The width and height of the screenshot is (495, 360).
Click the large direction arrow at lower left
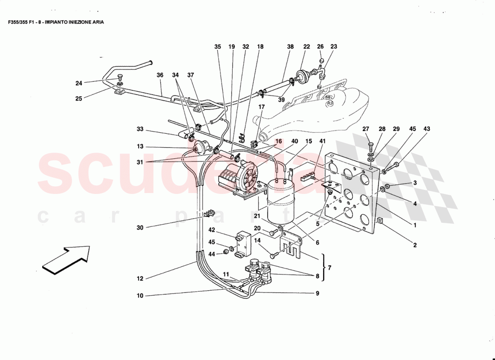[x=67, y=260]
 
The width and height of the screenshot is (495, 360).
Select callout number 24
[x=79, y=83]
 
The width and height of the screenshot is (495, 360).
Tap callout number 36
[x=160, y=76]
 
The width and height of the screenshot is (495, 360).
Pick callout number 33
[x=140, y=129]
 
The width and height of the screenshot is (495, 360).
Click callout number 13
[x=140, y=146]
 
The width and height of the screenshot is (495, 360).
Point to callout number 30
[x=140, y=228]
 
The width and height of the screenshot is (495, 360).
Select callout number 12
[x=140, y=279]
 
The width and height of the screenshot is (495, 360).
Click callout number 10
[x=140, y=296]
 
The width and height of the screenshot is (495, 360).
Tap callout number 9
[x=317, y=293]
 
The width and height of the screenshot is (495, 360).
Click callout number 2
[x=415, y=245]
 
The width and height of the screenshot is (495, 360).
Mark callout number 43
[x=427, y=129]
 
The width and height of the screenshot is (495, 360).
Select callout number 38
[x=290, y=46]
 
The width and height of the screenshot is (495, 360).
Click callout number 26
[x=320, y=46]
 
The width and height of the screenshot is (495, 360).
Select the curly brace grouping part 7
[x=323, y=267]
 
